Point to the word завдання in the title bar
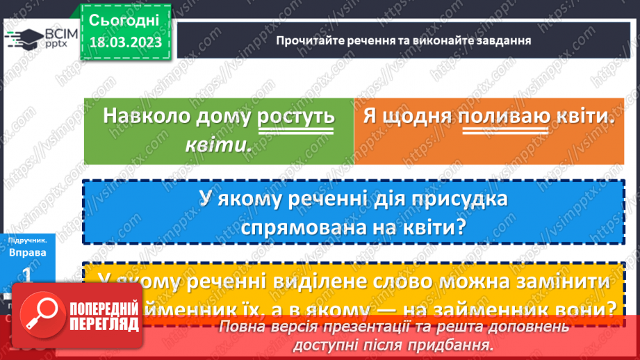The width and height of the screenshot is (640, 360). (x=502, y=40)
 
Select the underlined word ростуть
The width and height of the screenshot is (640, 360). (x=296, y=116)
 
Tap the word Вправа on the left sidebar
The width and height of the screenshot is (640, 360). (x=28, y=253)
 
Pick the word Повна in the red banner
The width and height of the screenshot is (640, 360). (x=241, y=327)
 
